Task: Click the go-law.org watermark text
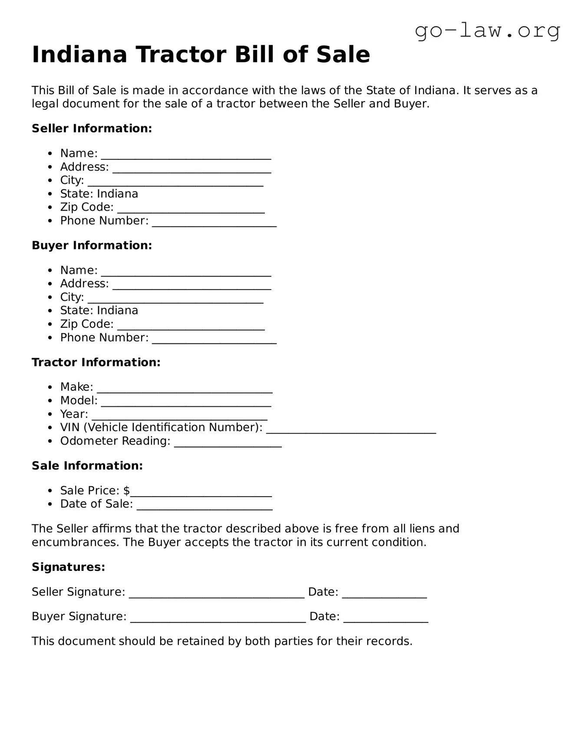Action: tap(487, 30)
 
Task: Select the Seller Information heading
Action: tap(92, 129)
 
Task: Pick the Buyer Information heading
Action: tap(92, 245)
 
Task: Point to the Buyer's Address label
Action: tap(84, 283)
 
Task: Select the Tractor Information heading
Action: tap(96, 362)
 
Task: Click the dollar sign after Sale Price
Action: tap(126, 491)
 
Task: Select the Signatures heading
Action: tap(68, 567)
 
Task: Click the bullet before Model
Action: tap(51, 401)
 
